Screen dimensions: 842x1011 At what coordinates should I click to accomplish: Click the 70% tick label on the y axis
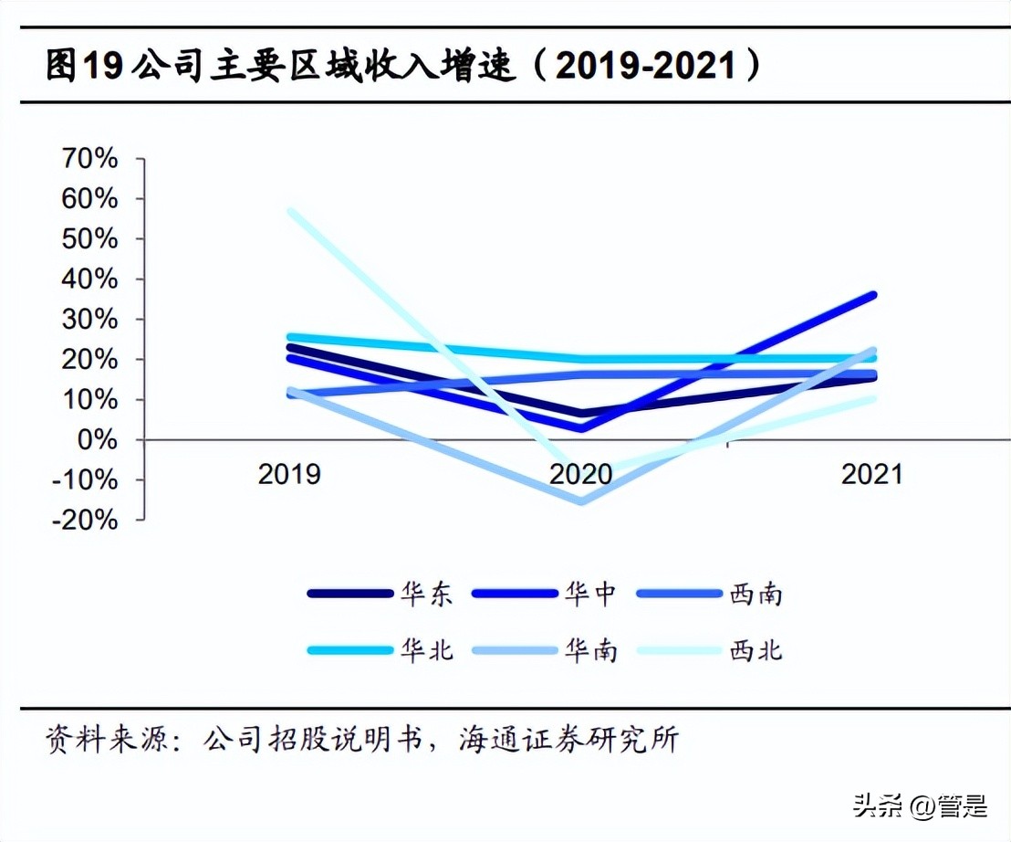coord(89,159)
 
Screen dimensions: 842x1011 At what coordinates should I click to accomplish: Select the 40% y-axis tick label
coord(89,279)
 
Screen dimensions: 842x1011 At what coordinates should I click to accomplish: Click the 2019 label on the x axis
coord(290,475)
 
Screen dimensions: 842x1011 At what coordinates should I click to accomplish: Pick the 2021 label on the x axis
coord(871,475)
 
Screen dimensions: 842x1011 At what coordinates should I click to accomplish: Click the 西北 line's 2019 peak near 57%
coord(291,211)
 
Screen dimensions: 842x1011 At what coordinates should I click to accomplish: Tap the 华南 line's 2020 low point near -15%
coord(581,500)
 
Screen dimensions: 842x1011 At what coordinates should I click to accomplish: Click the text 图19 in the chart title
coord(85,67)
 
